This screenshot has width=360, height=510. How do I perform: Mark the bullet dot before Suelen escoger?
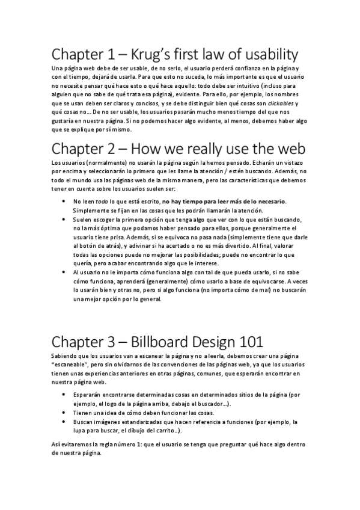coord(64,220)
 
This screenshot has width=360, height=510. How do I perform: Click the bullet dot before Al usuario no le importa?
coord(64,272)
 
